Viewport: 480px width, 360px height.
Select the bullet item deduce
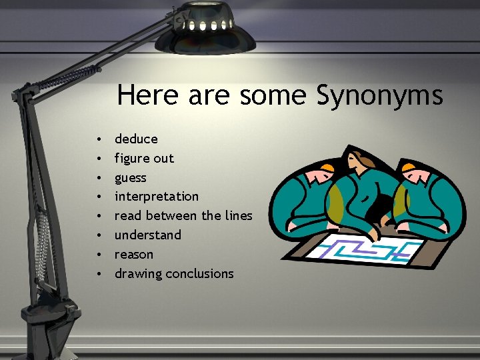pos(136,139)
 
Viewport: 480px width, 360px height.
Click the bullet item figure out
pos(144,158)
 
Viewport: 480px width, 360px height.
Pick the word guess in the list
pos(130,178)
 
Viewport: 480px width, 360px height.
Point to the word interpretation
pos(157,197)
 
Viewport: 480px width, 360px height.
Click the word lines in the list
pos(239,215)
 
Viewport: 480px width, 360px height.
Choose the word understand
pos(147,235)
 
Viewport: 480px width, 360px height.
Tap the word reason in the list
pos(134,255)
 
